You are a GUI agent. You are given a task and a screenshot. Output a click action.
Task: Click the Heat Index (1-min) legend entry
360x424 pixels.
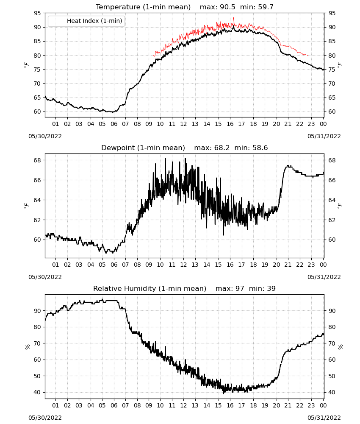click(86, 21)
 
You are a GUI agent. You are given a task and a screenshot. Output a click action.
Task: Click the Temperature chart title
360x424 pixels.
click(143, 7)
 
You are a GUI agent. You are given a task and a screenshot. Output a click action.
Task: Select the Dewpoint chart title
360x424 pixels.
click(143, 148)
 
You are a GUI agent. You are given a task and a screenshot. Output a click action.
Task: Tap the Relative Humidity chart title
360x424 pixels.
click(150, 288)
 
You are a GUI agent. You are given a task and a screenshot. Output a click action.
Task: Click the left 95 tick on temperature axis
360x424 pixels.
click(38, 13)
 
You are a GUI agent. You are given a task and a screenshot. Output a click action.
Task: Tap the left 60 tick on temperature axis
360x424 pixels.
click(38, 112)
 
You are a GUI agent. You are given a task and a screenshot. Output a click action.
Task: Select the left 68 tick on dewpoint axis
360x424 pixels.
click(38, 160)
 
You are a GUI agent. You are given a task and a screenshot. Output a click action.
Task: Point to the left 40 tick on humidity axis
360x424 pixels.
click(38, 392)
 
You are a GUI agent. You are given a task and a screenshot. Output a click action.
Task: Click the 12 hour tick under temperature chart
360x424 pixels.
click(184, 124)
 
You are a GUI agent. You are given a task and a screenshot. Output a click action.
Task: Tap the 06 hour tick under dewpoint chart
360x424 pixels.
click(114, 265)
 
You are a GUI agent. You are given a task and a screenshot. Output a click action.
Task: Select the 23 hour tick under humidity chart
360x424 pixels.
click(311, 406)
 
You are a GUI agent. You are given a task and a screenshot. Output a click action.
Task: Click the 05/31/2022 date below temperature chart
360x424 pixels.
click(324, 136)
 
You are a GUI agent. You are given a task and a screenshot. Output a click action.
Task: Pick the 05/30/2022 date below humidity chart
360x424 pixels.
click(45, 418)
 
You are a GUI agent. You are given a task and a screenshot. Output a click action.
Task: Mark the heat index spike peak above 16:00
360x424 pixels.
click(234, 18)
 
